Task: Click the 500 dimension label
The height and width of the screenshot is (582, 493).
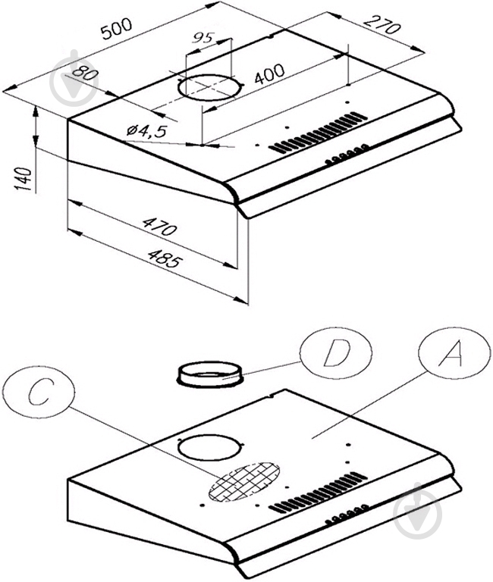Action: click(117, 29)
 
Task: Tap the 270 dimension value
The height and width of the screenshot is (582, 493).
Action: click(382, 24)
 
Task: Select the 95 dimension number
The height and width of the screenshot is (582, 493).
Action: click(203, 38)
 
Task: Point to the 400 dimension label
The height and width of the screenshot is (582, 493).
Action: click(269, 74)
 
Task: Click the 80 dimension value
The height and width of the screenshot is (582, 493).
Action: click(84, 74)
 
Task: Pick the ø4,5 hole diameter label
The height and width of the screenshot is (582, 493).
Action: click(146, 131)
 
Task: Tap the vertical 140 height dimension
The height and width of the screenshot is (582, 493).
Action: click(23, 179)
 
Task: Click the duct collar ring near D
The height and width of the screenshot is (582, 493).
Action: click(209, 375)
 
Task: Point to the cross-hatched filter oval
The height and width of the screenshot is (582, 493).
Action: click(243, 482)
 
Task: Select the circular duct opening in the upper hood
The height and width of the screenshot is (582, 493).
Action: click(210, 87)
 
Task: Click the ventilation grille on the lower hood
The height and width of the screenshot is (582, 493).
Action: click(318, 493)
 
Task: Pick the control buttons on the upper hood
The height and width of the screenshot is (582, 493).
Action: click(347, 154)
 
